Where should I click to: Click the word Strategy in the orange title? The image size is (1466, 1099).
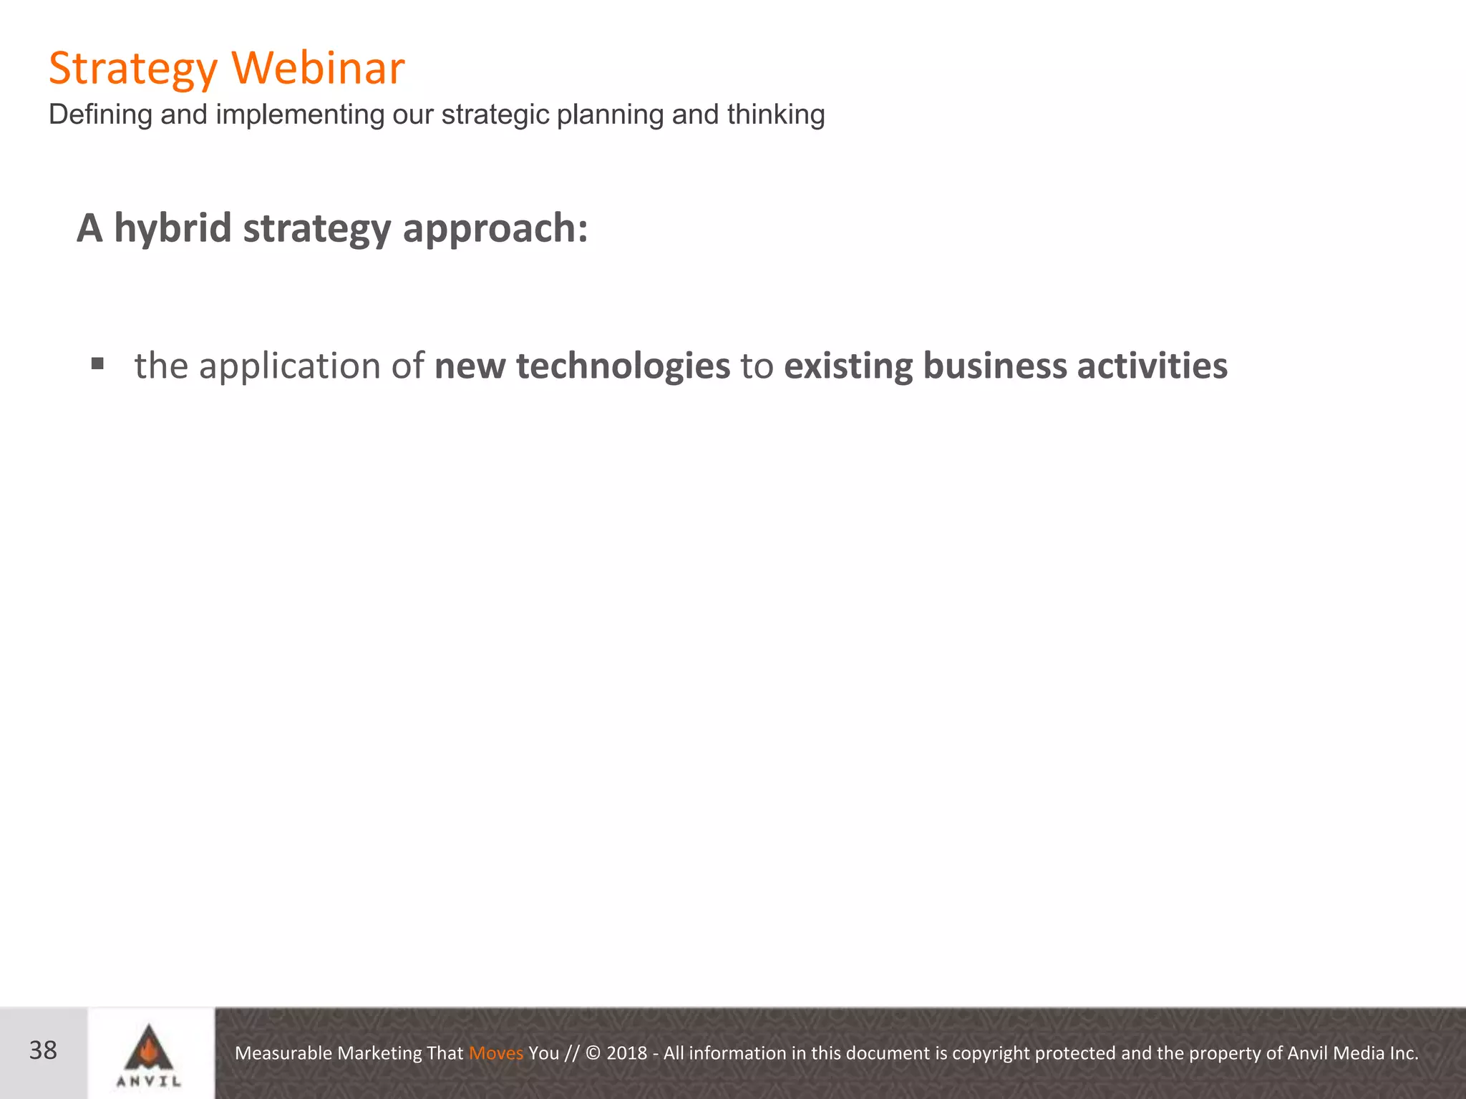point(132,69)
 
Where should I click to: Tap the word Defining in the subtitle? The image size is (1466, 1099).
point(100,114)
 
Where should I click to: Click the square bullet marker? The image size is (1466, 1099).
point(98,364)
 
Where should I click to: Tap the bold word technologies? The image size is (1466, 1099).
point(623,366)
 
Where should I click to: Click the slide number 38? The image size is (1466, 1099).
point(43,1050)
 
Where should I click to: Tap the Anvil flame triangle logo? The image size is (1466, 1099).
point(149,1047)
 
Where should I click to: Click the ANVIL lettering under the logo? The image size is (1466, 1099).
point(149,1081)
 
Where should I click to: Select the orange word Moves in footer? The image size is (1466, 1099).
point(495,1053)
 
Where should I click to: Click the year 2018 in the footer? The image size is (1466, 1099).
point(626,1053)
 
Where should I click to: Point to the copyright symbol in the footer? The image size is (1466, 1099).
point(593,1053)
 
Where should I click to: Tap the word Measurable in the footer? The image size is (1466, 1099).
point(283,1053)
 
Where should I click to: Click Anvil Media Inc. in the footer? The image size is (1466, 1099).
point(1353,1053)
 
